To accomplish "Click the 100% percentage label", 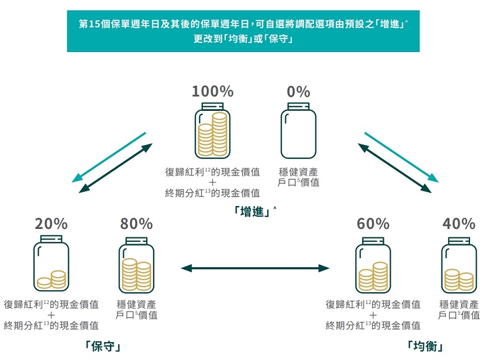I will coord(212,91).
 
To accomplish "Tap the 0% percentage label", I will coord(298,91).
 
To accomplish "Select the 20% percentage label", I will coord(51,224).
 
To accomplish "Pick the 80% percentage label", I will coord(136,224).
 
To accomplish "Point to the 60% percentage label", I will coord(373,224).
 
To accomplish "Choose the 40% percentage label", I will coord(459,224).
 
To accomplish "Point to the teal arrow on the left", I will coord(109,157).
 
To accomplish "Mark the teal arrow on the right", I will coord(401,157).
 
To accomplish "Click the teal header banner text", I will coord(243,32).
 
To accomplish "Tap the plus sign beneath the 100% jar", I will coord(212,183).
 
